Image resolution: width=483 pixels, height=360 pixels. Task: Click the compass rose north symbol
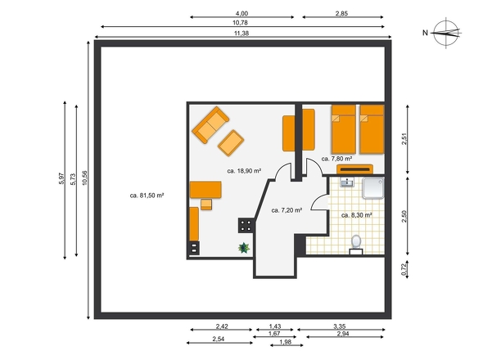446,33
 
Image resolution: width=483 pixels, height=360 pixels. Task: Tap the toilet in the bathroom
356,245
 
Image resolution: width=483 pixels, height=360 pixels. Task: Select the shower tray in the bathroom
373,188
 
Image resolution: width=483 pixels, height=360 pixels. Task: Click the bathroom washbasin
347,182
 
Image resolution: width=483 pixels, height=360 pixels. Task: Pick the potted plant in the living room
244,248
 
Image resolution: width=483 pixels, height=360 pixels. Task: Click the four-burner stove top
246,226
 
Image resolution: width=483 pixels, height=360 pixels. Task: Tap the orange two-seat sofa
210,124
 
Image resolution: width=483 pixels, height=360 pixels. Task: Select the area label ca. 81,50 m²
147,196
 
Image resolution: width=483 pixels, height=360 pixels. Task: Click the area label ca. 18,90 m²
244,171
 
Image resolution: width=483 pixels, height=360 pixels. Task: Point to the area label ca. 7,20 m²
287,210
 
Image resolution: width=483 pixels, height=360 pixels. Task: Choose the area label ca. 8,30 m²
357,215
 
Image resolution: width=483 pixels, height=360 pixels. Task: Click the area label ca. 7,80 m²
336,159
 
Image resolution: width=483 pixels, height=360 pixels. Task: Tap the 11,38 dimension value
241,34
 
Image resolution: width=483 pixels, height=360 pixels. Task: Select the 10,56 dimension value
84,178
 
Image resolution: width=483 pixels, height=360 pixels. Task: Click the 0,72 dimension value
404,270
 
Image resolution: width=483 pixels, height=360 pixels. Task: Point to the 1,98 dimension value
285,342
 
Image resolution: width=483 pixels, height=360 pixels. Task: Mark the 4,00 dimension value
241,13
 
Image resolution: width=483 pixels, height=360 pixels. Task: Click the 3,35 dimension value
340,326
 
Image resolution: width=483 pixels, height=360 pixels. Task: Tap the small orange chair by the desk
206,205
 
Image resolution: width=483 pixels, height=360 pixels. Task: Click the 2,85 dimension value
341,13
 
